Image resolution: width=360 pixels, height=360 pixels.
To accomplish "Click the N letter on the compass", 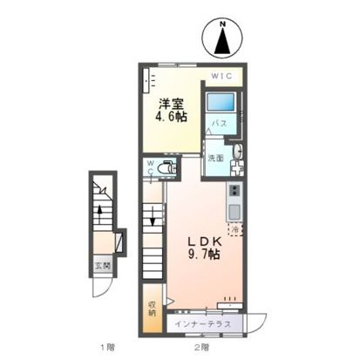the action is pyautogui.click(x=222, y=24).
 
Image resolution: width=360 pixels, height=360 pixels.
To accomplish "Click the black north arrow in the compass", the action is pyautogui.click(x=222, y=41).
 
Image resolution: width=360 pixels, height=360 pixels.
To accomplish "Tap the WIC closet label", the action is pyautogui.click(x=221, y=76).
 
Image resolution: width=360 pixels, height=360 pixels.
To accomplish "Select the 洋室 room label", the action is pyautogui.click(x=171, y=104).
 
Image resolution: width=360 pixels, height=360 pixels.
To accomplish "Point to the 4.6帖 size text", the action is pyautogui.click(x=171, y=116).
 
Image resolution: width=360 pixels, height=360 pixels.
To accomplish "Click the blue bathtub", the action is pyautogui.click(x=220, y=102).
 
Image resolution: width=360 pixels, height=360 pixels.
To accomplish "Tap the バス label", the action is pyautogui.click(x=219, y=123).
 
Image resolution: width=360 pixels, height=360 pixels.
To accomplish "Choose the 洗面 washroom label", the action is pyautogui.click(x=215, y=158).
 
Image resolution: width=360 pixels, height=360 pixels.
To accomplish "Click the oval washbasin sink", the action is pyautogui.click(x=238, y=152).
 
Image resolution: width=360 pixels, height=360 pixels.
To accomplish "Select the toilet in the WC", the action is pyautogui.click(x=166, y=167).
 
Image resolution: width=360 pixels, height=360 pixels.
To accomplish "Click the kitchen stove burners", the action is pyautogui.click(x=234, y=191).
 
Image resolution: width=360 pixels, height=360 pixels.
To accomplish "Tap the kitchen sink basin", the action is pyautogui.click(x=234, y=212).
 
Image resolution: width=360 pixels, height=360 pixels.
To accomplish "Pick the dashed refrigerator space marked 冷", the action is pyautogui.click(x=235, y=229).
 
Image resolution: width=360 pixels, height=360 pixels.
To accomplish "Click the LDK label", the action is pyautogui.click(x=206, y=241).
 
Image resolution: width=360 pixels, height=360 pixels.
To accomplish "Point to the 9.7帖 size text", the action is pyautogui.click(x=204, y=255).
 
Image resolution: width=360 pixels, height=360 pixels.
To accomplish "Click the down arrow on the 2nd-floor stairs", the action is pyautogui.click(x=153, y=220).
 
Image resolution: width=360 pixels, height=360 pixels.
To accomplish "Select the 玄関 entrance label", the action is pyautogui.click(x=102, y=266).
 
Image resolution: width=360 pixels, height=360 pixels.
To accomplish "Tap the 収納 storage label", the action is pyautogui.click(x=152, y=309).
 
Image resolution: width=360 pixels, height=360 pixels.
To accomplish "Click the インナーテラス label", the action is pyautogui.click(x=202, y=324).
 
